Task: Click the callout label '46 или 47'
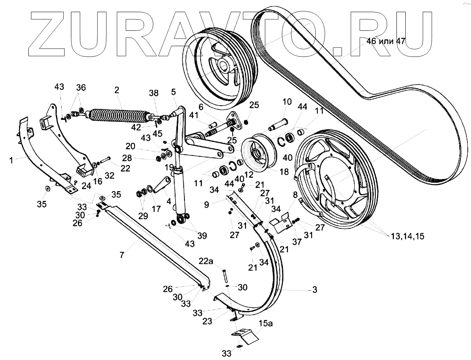click(386, 41)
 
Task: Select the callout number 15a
click(266, 324)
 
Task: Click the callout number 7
click(122, 256)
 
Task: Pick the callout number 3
click(314, 290)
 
